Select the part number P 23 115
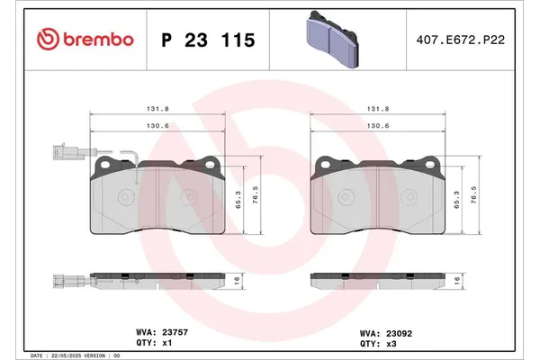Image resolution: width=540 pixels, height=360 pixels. point(207,40)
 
